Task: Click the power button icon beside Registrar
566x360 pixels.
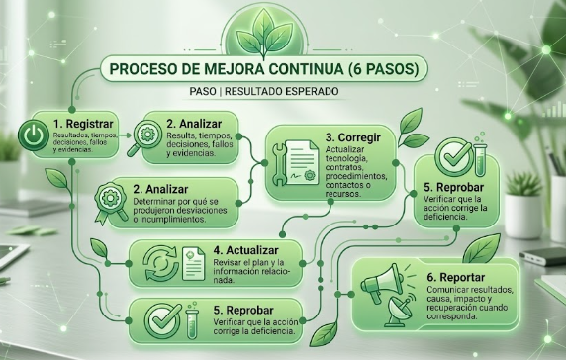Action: [x=34, y=135]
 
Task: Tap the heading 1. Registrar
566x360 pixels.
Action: [x=83, y=124]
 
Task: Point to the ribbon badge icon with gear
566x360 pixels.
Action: [x=110, y=204]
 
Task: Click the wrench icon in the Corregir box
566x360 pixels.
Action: [x=279, y=164]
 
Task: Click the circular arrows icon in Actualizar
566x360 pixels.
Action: [x=161, y=264]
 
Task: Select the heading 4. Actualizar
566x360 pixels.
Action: [x=245, y=250]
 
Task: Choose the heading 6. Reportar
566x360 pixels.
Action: [x=456, y=277]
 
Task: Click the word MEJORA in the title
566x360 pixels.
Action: [x=233, y=69]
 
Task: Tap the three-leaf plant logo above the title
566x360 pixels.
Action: [x=264, y=35]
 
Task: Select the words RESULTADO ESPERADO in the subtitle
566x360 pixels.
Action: [x=282, y=91]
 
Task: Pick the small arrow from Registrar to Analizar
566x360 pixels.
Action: [x=125, y=135]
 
